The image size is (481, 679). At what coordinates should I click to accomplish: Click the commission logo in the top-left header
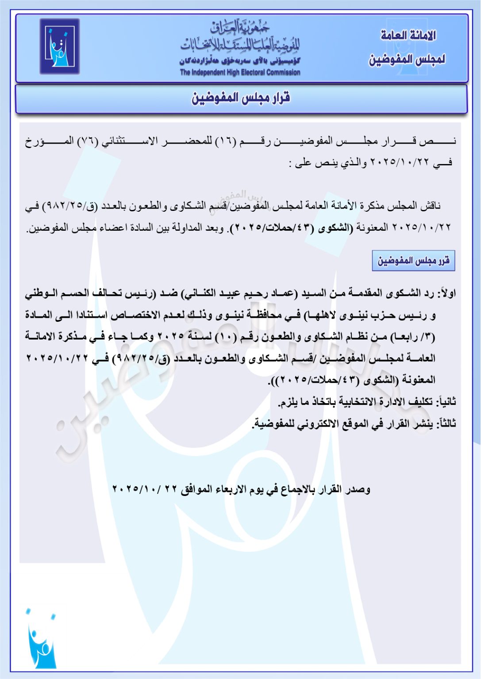tap(60, 46)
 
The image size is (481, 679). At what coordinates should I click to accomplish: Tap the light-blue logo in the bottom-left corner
tap(41, 639)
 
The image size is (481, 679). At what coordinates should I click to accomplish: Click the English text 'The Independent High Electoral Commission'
tap(240, 72)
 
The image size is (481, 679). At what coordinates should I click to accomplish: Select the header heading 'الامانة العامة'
tap(408, 35)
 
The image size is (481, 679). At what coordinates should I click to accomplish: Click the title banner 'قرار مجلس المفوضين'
tap(241, 98)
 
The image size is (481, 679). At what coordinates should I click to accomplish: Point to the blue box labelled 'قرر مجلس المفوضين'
tap(413, 260)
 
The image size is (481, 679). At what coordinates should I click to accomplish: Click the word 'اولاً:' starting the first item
tap(446, 294)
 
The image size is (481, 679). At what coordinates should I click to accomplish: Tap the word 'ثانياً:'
tap(446, 402)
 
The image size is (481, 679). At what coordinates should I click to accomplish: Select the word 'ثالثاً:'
tap(446, 424)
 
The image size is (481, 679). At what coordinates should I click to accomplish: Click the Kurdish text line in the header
tap(240, 61)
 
